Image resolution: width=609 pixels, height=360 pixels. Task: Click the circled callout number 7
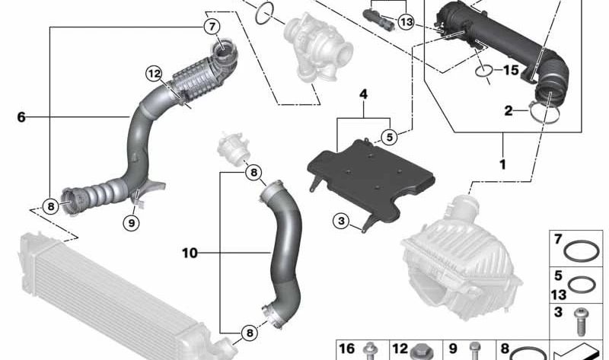coord(212,27)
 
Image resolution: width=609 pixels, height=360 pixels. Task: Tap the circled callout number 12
coord(154,73)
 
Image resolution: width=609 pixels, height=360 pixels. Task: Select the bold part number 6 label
coord(21,116)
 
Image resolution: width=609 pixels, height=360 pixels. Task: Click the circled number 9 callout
coord(131,223)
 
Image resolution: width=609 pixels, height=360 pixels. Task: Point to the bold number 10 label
coord(190,253)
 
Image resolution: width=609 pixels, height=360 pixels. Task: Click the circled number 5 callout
coord(390,137)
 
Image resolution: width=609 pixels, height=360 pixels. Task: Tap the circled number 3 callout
coord(341,221)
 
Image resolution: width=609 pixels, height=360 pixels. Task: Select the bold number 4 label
coord(363,94)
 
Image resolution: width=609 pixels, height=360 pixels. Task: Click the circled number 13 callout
coord(407,22)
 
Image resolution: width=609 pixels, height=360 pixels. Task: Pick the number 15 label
coord(511,70)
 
